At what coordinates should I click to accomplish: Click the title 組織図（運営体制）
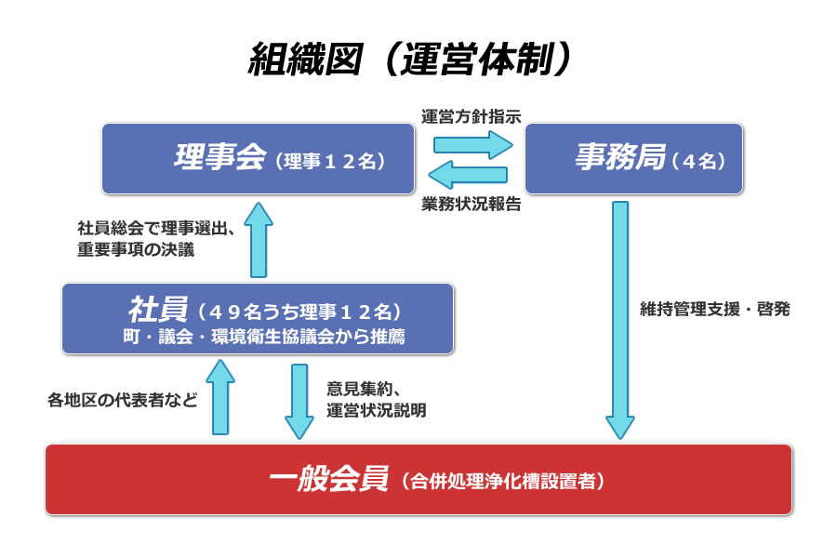(409, 59)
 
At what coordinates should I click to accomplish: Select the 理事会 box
(259, 159)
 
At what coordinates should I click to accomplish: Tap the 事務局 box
(633, 159)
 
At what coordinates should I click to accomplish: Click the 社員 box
(258, 319)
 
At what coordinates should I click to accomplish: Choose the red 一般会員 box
(418, 480)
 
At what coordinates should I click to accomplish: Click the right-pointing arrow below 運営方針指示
(473, 145)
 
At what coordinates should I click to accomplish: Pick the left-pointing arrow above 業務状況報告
(468, 175)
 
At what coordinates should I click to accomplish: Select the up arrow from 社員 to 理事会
(259, 240)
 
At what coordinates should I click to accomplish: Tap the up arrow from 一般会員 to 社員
(220, 397)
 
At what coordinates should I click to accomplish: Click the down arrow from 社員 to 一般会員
(299, 402)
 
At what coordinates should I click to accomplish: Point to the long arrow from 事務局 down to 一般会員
(620, 320)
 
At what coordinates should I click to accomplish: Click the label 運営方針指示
(471, 116)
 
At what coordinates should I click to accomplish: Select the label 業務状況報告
(471, 204)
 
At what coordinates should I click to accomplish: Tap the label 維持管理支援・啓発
(715, 309)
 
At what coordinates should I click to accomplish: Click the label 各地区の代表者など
(122, 400)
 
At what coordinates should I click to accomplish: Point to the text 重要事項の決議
(136, 249)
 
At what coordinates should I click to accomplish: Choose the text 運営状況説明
(377, 410)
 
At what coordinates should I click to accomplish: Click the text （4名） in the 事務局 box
(698, 161)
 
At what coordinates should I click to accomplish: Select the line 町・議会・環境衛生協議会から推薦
(264, 337)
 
